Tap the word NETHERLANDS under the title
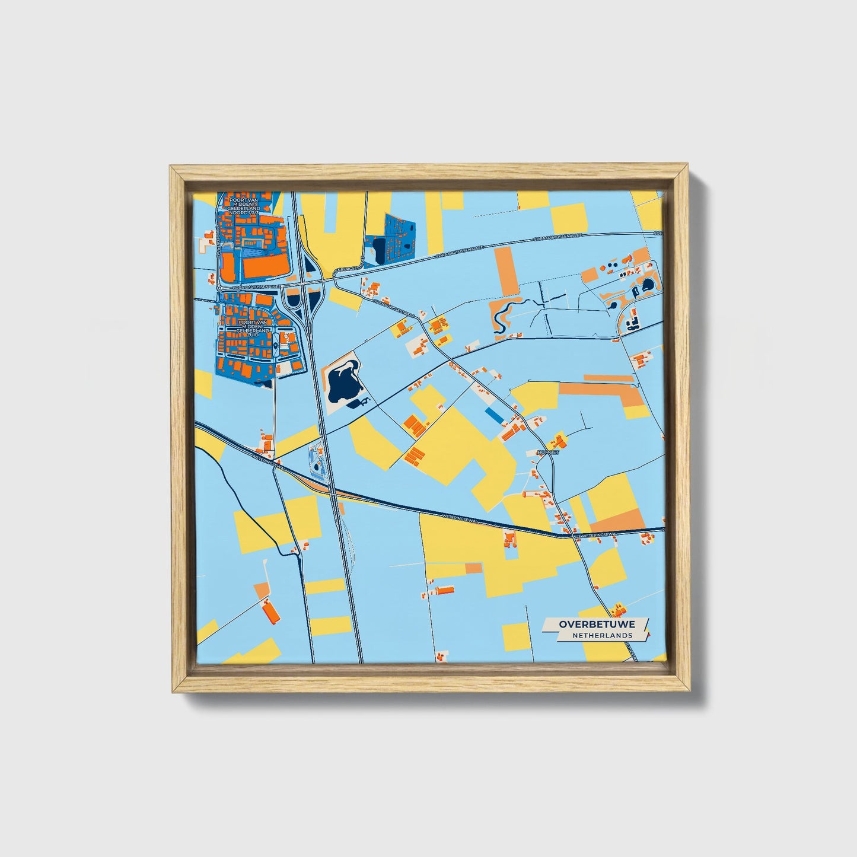point(601,635)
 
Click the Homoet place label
point(547,452)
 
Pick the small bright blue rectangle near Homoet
point(493,416)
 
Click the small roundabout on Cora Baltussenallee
point(219,288)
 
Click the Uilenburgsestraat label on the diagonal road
point(394,307)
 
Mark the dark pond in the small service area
point(317,469)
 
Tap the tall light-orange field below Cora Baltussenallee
point(506,272)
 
